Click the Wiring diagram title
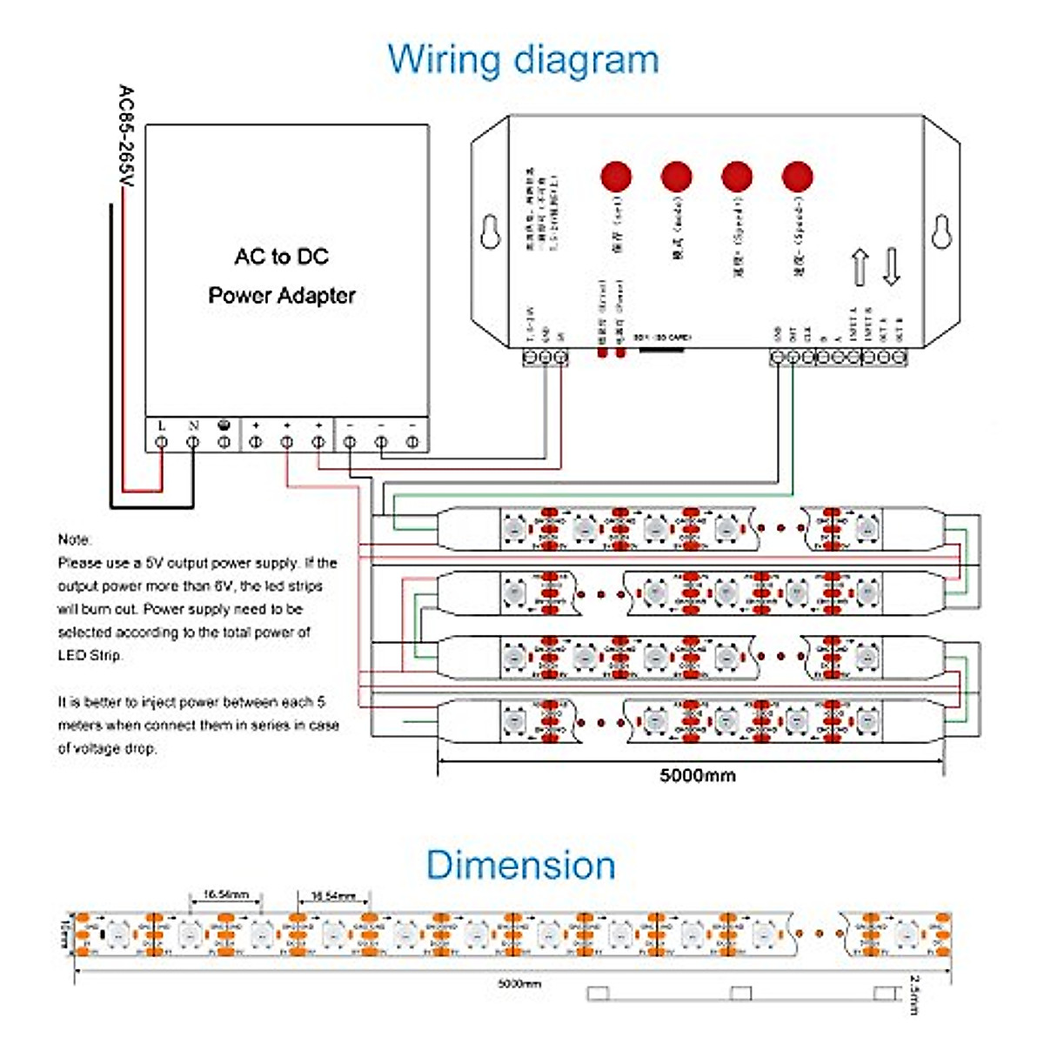pos(523,60)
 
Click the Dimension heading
pos(520,865)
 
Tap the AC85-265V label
pos(126,136)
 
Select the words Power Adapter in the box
pos(282,296)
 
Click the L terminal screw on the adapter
pos(162,443)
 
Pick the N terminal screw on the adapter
pos(193,443)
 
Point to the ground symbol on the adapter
pos(224,426)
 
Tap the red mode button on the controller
pos(676,177)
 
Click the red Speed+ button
pos(737,177)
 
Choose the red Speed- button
pos(797,177)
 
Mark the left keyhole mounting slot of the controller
pos(491,231)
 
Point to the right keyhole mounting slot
pos(940,231)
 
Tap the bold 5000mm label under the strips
pos(697,775)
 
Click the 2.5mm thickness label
pos(913,994)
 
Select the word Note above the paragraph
pos(74,539)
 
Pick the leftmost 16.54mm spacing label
pos(226,894)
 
